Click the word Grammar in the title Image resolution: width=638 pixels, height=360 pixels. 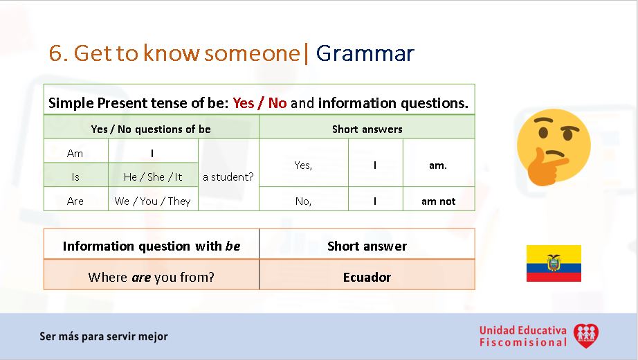point(365,53)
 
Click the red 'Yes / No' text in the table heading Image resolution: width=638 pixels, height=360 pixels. point(259,103)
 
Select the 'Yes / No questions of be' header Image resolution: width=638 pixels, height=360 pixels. point(151,129)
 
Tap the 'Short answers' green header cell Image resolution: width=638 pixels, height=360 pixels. point(367,129)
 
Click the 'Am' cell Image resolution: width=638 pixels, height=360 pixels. point(75,153)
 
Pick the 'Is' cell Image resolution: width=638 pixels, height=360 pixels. point(75,177)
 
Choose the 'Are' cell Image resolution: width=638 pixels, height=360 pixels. point(75,201)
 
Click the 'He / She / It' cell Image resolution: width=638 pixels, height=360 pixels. point(153,177)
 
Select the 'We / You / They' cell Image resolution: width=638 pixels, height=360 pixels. point(153,201)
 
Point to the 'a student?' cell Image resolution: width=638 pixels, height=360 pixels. point(228,177)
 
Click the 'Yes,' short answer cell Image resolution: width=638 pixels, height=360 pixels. point(303,165)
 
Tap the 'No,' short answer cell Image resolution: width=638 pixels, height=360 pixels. point(303,201)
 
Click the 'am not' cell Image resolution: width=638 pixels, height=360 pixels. point(439,201)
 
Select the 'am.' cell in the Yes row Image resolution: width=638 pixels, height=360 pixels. point(439,165)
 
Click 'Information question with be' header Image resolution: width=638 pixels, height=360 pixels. point(152,246)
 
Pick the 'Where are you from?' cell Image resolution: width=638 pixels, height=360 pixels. point(152,277)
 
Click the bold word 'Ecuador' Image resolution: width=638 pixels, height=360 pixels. point(367,277)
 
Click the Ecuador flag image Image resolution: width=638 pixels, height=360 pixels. point(554,263)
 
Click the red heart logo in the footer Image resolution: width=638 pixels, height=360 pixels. point(585,336)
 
